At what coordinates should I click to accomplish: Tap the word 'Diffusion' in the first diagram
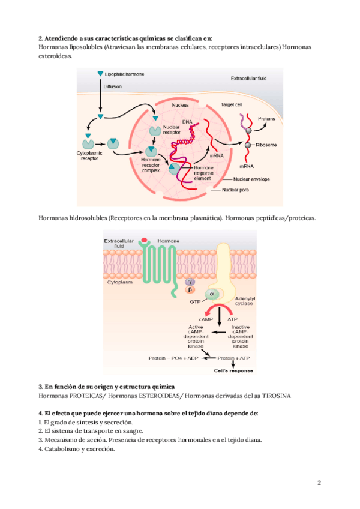(113, 86)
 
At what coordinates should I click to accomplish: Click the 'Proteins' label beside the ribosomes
(267, 119)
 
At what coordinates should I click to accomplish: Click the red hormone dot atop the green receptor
(144, 242)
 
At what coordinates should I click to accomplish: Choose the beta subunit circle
(190, 289)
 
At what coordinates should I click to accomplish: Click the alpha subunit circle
(211, 294)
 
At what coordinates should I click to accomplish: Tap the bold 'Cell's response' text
(233, 370)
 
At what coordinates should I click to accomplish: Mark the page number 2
(320, 483)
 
